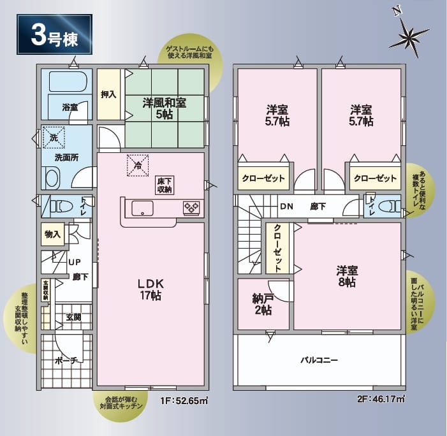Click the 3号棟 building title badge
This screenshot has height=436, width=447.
click(x=54, y=34)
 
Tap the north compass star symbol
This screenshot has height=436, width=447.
click(x=409, y=37)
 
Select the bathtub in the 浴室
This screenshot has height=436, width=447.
click(x=68, y=81)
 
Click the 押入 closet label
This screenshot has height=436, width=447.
click(x=108, y=94)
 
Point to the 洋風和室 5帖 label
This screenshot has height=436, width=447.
click(x=165, y=108)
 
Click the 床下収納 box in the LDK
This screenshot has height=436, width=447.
click(x=165, y=185)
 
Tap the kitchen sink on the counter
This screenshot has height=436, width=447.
click(x=142, y=208)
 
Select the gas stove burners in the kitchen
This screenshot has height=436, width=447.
click(x=191, y=207)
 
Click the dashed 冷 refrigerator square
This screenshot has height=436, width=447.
click(x=138, y=165)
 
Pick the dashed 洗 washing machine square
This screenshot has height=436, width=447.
click(x=54, y=138)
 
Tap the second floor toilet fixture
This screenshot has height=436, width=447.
click(x=391, y=206)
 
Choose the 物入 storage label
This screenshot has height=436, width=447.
click(x=52, y=234)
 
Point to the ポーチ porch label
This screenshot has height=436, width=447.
click(x=66, y=361)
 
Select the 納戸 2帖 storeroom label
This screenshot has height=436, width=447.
click(x=263, y=304)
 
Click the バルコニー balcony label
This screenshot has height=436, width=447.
click(x=319, y=360)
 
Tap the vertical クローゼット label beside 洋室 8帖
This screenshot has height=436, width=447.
click(x=277, y=248)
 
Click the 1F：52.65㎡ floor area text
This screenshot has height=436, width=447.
click(x=184, y=401)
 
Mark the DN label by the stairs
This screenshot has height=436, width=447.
click(x=286, y=207)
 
